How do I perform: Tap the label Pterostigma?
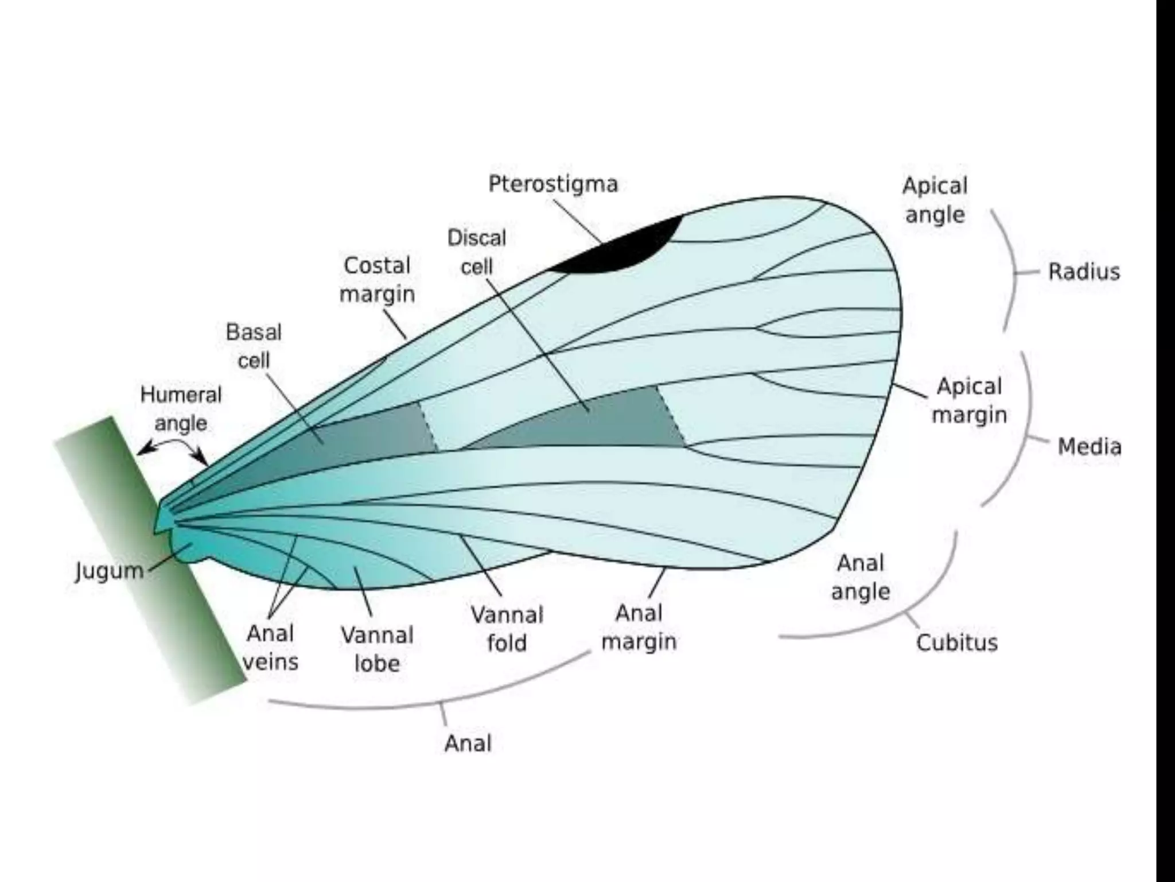(x=553, y=184)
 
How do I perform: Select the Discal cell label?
(x=477, y=252)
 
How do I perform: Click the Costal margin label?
(x=377, y=280)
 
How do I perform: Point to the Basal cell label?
(x=254, y=346)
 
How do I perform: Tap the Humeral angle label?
(x=181, y=409)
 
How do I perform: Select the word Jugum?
(x=109, y=571)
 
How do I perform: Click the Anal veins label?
(x=271, y=648)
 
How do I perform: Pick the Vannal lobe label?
(x=377, y=649)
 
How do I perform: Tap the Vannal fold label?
(x=507, y=629)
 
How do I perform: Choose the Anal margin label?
(x=639, y=627)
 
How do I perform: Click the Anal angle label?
(x=860, y=577)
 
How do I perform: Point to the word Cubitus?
(x=956, y=643)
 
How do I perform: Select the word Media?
(x=1089, y=446)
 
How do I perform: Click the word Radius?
(x=1084, y=272)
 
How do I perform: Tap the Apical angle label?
(x=935, y=200)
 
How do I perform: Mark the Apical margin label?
(x=969, y=400)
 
